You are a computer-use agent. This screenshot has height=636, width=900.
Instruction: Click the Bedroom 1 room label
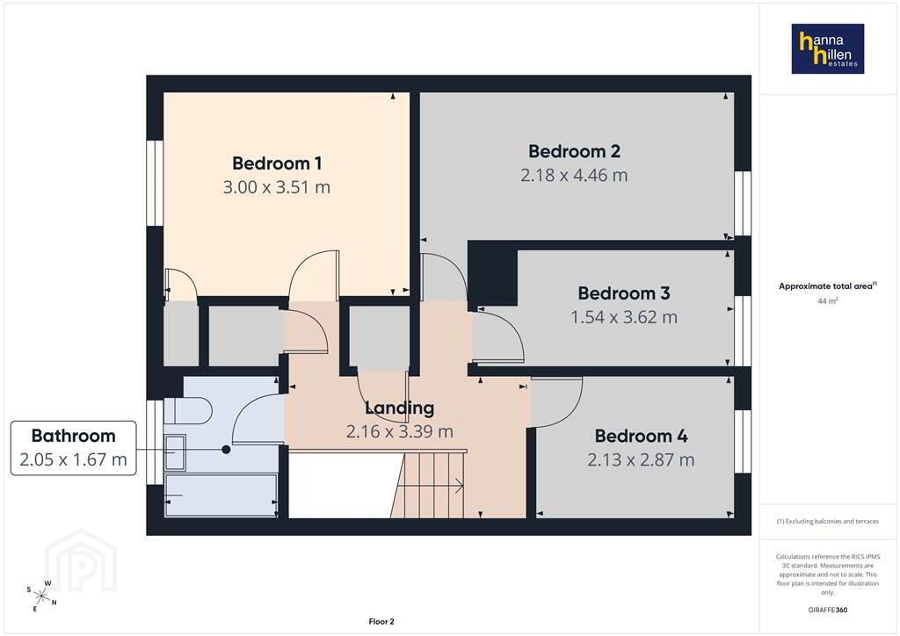pos(277,163)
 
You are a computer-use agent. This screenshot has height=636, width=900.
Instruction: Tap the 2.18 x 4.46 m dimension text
pos(574,175)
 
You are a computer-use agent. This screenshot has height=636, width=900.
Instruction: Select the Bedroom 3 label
pos(624,293)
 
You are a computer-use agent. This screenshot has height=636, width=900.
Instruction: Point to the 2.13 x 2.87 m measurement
pos(641,459)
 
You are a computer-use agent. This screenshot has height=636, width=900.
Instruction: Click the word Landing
pos(400,408)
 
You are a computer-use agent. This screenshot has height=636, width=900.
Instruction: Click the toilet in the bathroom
pos(188,410)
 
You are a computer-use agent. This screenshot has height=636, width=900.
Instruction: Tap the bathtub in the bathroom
pos(221,495)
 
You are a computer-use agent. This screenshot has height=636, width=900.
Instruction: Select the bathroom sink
pos(175,452)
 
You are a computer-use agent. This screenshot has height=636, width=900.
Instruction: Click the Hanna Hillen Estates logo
pos(828,48)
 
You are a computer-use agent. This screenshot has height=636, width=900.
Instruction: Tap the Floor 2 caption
pos(381,622)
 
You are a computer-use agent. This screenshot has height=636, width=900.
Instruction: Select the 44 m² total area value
pos(827,300)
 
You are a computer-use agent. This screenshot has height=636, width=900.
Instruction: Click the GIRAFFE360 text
pos(827,610)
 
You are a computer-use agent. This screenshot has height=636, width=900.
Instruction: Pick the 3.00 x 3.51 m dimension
pos(277,187)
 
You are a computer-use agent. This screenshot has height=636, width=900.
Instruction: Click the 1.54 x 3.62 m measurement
pos(624,316)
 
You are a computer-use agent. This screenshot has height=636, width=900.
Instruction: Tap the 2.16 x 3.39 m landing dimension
pos(400,431)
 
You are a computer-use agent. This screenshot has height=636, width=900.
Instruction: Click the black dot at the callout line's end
pos(226,450)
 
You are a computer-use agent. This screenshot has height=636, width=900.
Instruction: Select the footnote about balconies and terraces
pos(828,521)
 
